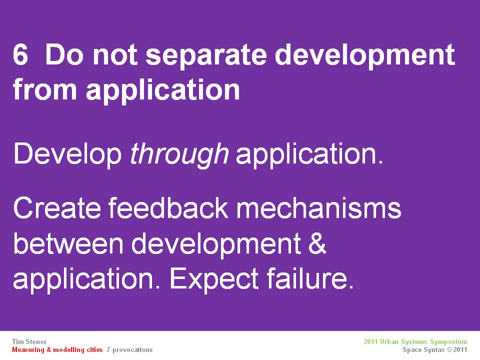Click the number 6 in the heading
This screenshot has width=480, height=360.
[20, 55]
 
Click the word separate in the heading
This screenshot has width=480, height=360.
[205, 55]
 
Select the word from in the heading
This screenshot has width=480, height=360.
[44, 89]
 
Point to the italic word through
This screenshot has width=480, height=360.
[179, 154]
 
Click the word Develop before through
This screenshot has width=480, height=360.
[67, 154]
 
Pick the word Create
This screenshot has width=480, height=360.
[57, 208]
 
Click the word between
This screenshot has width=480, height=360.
[68, 243]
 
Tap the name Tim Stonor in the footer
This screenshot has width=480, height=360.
[29, 341]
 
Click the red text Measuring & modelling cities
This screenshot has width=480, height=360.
[57, 350]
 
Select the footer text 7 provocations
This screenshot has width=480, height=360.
[129, 350]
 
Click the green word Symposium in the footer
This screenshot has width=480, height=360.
[449, 342]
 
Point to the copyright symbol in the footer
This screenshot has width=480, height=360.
[449, 350]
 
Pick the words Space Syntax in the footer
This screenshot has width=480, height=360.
[423, 350]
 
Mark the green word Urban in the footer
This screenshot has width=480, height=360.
[389, 341]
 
